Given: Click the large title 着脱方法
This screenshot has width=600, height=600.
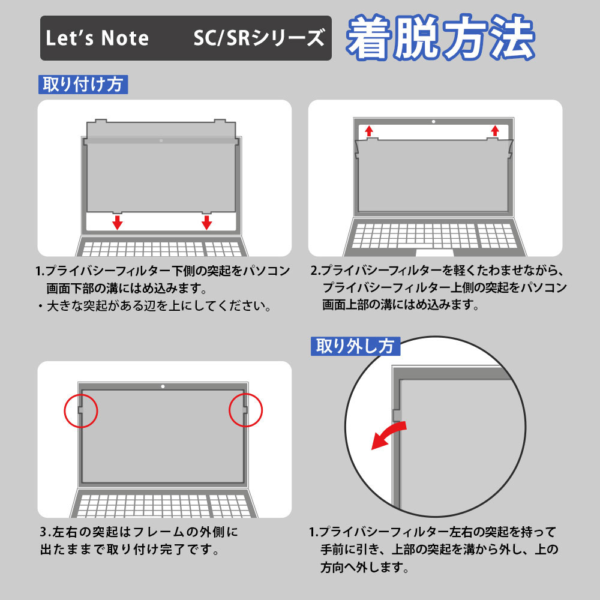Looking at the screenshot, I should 440,38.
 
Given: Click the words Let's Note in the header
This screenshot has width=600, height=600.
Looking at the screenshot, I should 97,38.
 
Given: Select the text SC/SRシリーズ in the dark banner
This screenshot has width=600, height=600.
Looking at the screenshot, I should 259,38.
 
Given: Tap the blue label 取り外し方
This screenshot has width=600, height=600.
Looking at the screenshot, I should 355,346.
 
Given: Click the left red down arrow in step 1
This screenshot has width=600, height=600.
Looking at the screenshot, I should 118,223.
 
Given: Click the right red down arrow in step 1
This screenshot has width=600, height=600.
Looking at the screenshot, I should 206,223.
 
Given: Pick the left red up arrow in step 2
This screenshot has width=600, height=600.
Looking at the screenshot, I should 369,131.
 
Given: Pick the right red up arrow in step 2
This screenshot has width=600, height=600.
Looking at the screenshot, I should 494,131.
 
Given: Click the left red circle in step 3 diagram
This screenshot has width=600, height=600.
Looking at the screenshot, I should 80,410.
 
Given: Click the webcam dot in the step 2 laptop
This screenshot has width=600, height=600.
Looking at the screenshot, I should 433,122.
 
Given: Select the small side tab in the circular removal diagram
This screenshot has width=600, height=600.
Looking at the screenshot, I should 397,415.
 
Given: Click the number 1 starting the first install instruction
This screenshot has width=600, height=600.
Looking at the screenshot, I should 40,271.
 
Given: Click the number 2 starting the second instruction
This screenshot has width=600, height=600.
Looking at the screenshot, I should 314,271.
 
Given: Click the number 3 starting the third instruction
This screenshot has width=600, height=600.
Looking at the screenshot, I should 44,532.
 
